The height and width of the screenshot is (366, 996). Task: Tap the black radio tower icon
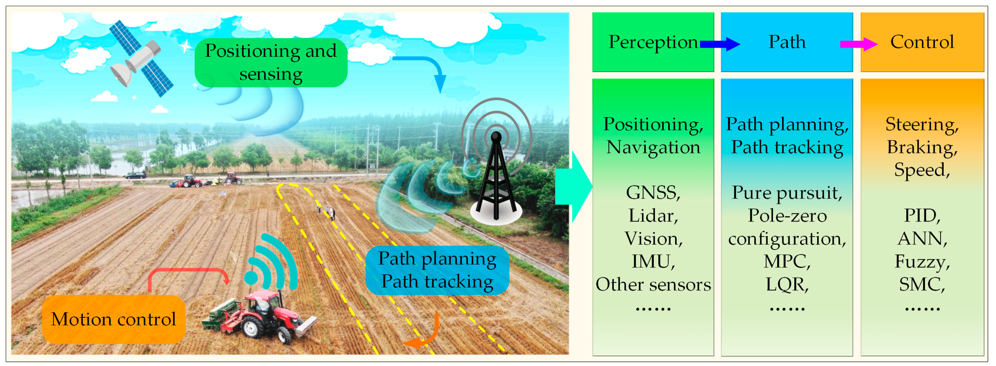tap(496, 178)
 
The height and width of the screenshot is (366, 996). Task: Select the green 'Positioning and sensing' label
tap(271, 62)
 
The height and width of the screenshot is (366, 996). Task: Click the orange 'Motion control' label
tap(113, 319)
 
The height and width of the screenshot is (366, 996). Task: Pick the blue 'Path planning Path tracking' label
tap(437, 270)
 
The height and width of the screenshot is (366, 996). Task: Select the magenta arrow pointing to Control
tap(858, 44)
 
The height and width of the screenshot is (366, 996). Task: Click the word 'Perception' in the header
tap(653, 42)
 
